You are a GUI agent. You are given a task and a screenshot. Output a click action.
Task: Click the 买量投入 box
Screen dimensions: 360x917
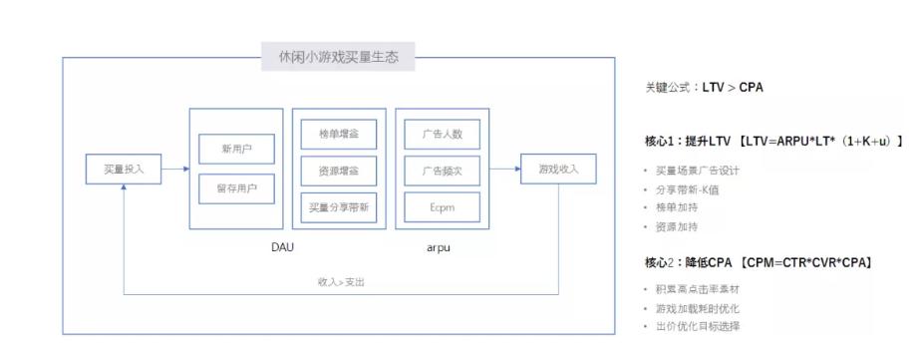[x=123, y=169]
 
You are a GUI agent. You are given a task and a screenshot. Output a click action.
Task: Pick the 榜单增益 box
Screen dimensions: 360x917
[x=339, y=134]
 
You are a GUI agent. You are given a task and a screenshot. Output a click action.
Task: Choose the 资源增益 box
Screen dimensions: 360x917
[x=339, y=171]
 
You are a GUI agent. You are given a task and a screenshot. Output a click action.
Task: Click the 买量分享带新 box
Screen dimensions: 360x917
[x=339, y=206]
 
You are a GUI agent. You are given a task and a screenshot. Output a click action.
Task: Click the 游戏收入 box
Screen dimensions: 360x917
[x=558, y=169]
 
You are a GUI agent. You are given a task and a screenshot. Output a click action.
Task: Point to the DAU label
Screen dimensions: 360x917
[x=282, y=245]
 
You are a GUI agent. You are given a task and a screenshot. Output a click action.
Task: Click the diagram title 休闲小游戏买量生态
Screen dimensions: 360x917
[x=338, y=57]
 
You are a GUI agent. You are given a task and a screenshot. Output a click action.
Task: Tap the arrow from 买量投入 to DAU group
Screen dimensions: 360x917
[x=172, y=169]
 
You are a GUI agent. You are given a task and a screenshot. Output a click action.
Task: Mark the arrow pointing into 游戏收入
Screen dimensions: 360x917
[x=504, y=169]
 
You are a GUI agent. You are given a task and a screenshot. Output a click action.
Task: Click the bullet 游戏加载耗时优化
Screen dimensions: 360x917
[x=704, y=308]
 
